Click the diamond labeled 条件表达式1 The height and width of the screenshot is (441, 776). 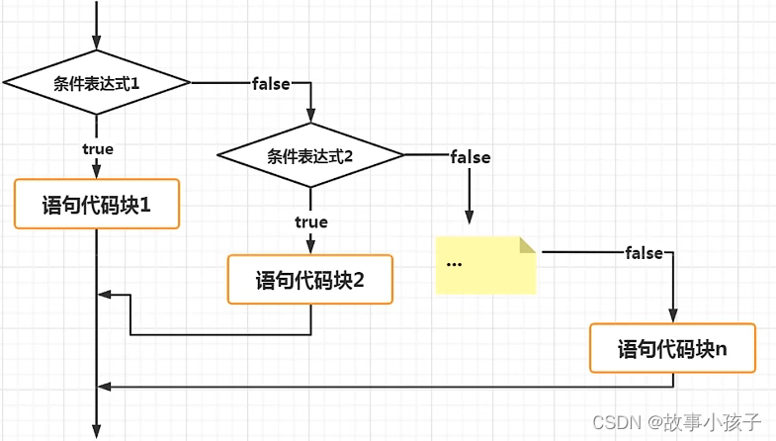96,83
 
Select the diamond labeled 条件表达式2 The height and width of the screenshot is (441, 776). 310,155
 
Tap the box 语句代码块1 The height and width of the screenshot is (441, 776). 96,205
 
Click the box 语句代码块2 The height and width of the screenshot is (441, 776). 310,279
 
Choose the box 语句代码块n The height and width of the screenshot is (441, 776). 672,348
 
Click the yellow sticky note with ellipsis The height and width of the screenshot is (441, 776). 485,264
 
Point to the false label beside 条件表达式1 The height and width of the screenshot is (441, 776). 272,84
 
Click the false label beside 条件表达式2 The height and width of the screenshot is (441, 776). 470,156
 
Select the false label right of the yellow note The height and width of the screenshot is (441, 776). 645,253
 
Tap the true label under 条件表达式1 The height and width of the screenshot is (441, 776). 97,148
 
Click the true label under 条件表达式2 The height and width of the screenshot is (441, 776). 310,221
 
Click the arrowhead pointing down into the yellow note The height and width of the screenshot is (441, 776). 470,219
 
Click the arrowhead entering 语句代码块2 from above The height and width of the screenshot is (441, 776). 310,247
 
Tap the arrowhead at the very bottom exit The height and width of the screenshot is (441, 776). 96,430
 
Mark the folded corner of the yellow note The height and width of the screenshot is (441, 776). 527,244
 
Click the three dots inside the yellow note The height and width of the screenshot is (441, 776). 455,265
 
